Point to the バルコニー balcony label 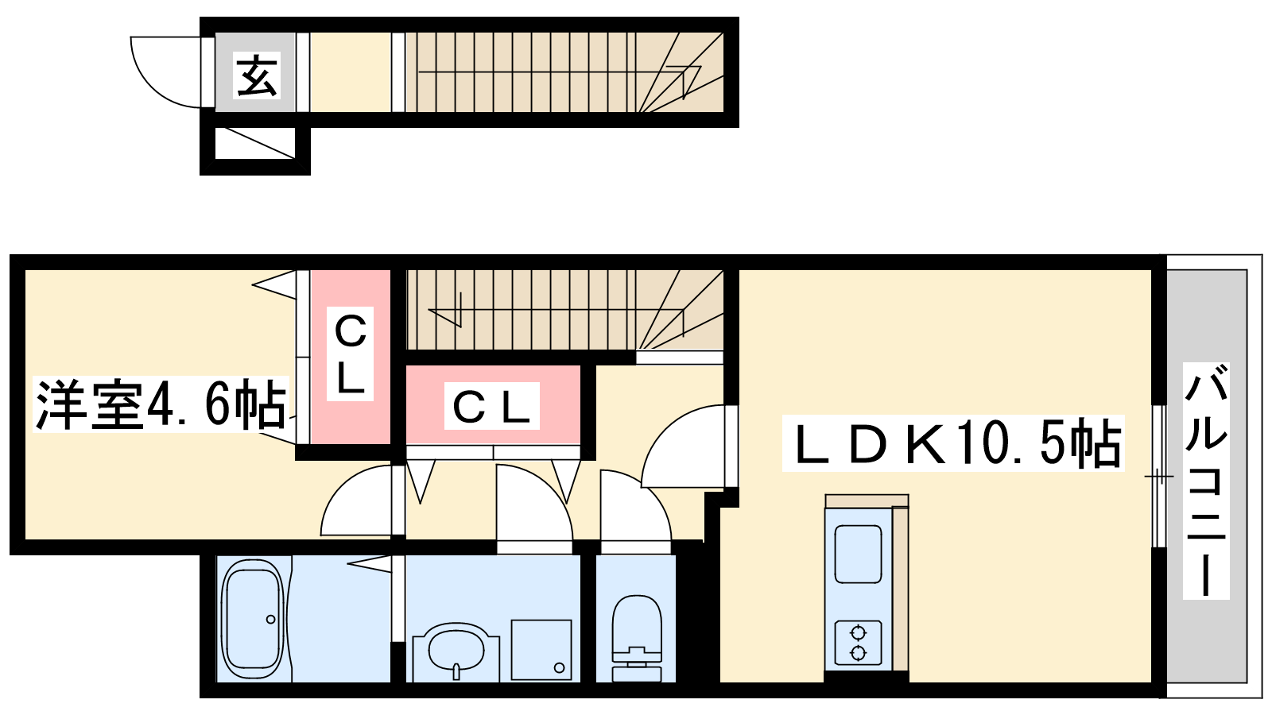1206,481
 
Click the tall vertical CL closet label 351,355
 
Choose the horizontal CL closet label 491,407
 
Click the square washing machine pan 541,649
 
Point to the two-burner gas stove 858,643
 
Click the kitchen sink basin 858,554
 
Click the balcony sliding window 1159,477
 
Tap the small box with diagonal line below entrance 255,143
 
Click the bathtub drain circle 270,620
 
